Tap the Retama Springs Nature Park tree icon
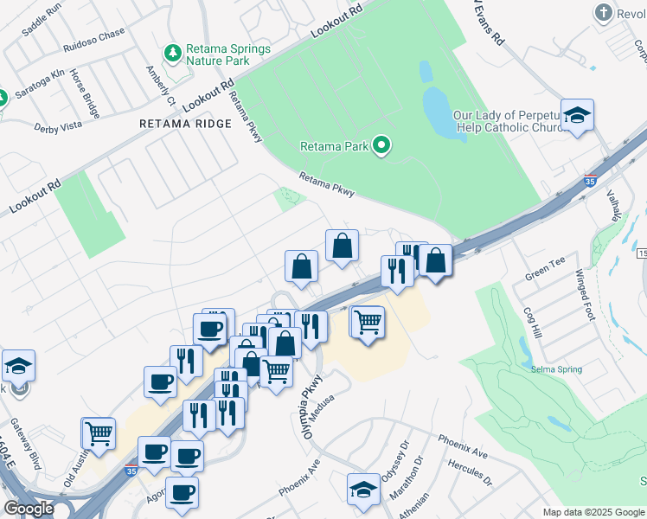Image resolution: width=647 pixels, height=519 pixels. [x=173, y=54]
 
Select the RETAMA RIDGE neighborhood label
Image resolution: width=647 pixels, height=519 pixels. [x=186, y=124]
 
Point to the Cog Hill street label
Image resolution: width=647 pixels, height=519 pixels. [x=532, y=324]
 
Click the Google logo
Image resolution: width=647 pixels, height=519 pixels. [x=29, y=508]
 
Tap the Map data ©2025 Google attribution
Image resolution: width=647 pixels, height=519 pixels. [x=593, y=512]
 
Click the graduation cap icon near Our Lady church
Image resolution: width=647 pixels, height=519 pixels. [x=576, y=114]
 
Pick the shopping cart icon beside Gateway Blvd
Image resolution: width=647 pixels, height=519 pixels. [x=98, y=432]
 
